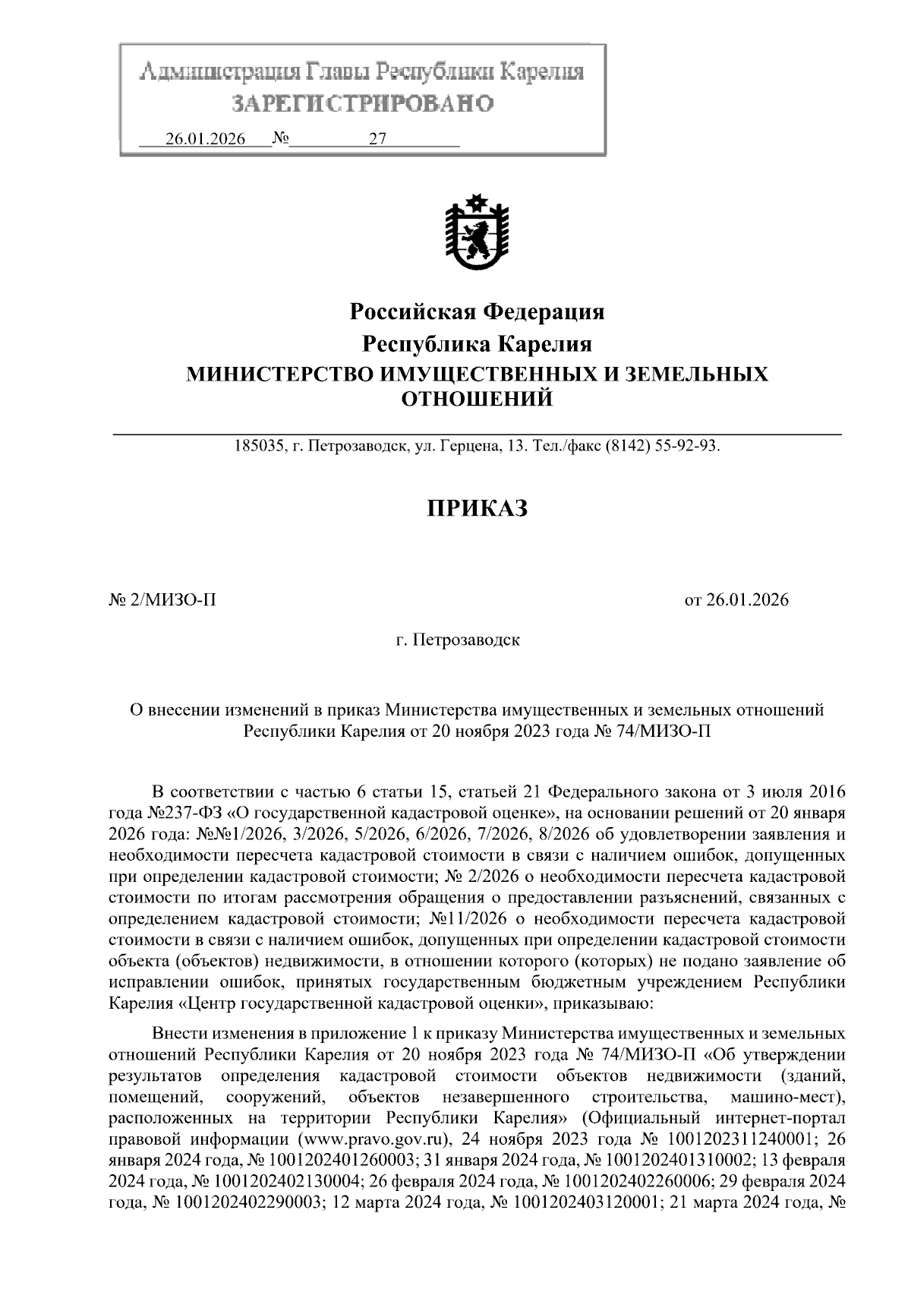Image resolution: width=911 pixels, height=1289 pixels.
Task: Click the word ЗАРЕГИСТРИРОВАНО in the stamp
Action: pos(362,103)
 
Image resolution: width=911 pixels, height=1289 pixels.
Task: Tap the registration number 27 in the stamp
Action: pos(377,140)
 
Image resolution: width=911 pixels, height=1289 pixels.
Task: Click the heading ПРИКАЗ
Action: pos(476,508)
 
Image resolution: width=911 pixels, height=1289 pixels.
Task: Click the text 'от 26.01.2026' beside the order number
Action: pos(736,600)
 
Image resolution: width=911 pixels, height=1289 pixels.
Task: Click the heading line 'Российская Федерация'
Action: pos(477,311)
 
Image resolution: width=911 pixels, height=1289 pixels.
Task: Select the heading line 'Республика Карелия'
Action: pos(477,344)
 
